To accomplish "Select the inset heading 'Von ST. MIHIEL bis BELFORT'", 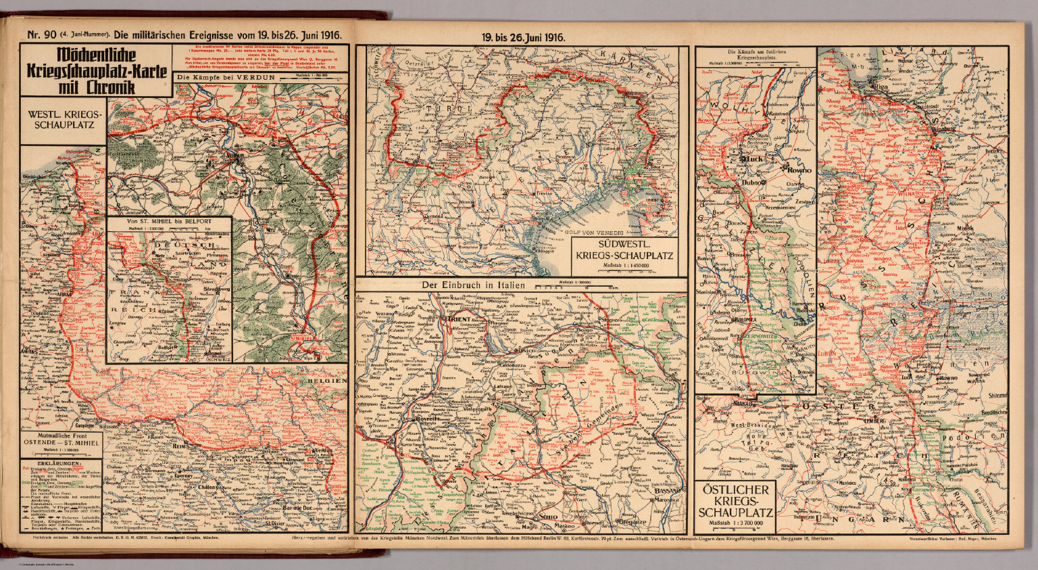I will [169, 221].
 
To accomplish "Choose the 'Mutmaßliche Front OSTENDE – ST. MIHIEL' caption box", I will [61, 441].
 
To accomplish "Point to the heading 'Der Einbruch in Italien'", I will [473, 285].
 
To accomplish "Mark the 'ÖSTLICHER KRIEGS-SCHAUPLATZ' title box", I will [735, 500].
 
